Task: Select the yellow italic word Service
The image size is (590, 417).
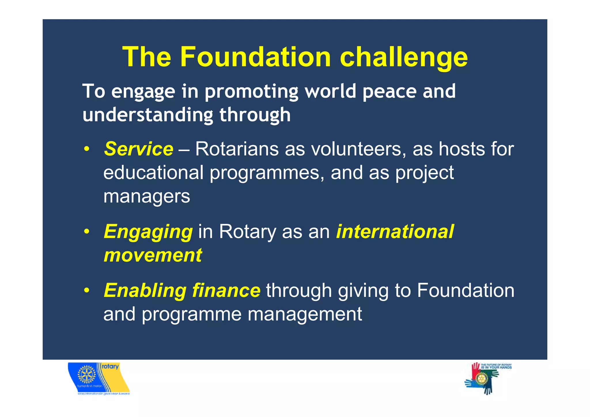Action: pos(139,149)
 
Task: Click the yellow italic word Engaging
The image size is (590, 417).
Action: pos(148,232)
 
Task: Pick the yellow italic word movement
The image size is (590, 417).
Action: pos(153,255)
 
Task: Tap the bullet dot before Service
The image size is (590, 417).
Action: pos(86,149)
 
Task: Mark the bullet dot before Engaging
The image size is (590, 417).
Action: pos(86,232)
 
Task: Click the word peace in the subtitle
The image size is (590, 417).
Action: pos(389,91)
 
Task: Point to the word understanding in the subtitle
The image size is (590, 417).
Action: pos(148,115)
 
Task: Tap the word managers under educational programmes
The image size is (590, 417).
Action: pos(147,197)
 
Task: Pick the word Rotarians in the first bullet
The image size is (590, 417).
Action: pos(237,149)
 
